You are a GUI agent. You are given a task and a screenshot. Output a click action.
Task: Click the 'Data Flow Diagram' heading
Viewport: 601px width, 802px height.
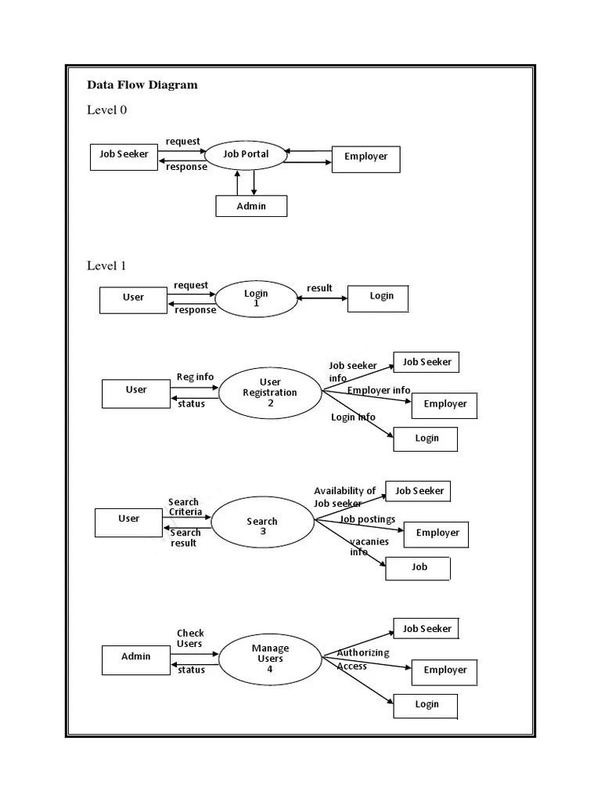click(142, 85)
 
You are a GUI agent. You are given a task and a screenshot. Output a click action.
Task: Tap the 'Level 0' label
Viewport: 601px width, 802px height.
click(106, 110)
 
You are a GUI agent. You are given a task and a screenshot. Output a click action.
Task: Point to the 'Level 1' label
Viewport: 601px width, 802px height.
click(106, 266)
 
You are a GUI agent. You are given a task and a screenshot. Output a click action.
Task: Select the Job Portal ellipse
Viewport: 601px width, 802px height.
click(246, 155)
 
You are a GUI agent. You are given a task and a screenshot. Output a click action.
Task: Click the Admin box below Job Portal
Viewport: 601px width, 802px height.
click(251, 206)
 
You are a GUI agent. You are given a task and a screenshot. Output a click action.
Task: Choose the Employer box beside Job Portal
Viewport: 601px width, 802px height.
click(365, 157)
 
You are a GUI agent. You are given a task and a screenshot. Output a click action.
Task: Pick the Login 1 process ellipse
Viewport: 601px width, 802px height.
click(256, 298)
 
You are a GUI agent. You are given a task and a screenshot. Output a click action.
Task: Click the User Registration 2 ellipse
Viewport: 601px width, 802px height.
click(270, 392)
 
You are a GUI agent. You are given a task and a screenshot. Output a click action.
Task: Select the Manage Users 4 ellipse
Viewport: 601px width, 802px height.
click(270, 659)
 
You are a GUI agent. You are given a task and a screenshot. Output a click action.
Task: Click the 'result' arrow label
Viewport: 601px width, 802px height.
click(319, 288)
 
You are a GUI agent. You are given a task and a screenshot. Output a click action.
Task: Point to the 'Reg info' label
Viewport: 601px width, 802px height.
click(195, 377)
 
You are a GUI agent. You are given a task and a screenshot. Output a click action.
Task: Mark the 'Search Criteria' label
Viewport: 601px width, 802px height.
click(185, 507)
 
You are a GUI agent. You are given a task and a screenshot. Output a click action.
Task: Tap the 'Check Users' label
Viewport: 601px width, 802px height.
click(189, 638)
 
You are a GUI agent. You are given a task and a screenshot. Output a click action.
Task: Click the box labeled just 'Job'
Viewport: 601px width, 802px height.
click(418, 568)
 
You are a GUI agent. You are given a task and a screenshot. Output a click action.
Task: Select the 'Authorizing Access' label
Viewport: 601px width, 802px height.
click(362, 659)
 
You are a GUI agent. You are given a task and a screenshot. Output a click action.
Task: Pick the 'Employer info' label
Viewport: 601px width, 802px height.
click(379, 390)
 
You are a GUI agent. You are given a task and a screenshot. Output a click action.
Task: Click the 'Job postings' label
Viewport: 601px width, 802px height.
click(367, 519)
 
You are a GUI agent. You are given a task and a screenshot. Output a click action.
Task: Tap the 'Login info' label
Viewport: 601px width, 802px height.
click(353, 417)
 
